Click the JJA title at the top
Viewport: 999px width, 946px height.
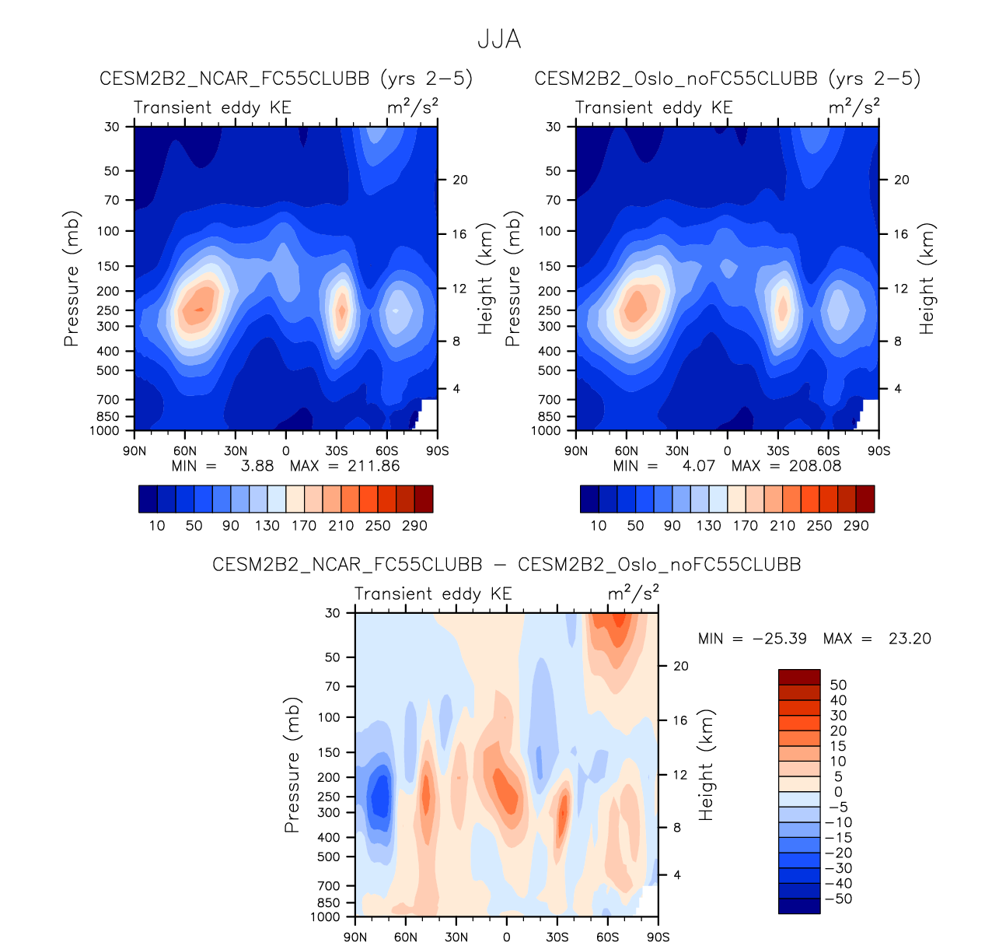coord(498,40)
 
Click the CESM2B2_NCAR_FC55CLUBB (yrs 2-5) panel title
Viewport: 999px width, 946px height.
coord(286,79)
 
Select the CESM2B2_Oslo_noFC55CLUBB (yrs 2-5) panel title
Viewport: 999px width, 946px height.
coord(727,79)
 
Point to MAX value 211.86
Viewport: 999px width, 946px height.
coord(375,466)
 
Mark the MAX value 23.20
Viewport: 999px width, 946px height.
coord(909,639)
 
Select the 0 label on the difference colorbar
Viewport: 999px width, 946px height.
coord(838,792)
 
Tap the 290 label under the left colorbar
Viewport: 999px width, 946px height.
coord(414,526)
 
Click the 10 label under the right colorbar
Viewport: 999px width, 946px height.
coord(599,526)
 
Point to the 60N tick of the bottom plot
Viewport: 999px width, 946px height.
coord(406,937)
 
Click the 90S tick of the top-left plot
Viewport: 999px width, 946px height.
coord(438,451)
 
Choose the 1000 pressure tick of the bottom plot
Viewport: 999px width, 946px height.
coord(325,917)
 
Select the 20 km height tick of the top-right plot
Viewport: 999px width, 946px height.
coord(901,180)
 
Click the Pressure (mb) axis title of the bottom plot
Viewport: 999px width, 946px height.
coord(292,765)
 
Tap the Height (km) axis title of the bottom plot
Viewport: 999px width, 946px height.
coord(706,765)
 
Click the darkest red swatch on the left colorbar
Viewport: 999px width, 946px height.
coord(424,499)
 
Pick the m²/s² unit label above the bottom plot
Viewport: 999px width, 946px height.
coord(633,594)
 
